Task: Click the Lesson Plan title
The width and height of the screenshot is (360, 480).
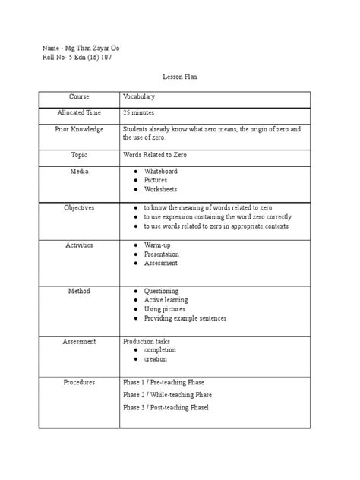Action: click(x=180, y=77)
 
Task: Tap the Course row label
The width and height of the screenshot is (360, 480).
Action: click(x=79, y=97)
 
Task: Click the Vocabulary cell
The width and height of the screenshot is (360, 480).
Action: click(x=139, y=97)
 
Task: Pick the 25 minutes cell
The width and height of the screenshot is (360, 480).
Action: click(x=141, y=112)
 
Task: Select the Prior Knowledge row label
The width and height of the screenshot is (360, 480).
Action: click(x=79, y=130)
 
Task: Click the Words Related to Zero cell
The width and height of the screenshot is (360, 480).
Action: click(x=155, y=153)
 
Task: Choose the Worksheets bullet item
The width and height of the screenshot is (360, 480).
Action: click(x=160, y=189)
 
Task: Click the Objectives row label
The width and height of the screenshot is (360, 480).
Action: click(x=79, y=207)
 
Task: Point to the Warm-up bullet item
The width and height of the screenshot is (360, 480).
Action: click(x=157, y=245)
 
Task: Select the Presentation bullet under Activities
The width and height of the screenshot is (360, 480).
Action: click(x=161, y=254)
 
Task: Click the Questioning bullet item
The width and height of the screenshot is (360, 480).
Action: click(x=161, y=291)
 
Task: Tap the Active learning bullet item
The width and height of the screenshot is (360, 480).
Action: click(x=166, y=300)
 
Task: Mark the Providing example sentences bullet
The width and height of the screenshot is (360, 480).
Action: click(x=185, y=318)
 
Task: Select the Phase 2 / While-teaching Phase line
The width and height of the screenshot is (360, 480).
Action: click(x=167, y=395)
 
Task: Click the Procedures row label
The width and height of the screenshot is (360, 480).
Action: click(x=79, y=382)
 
